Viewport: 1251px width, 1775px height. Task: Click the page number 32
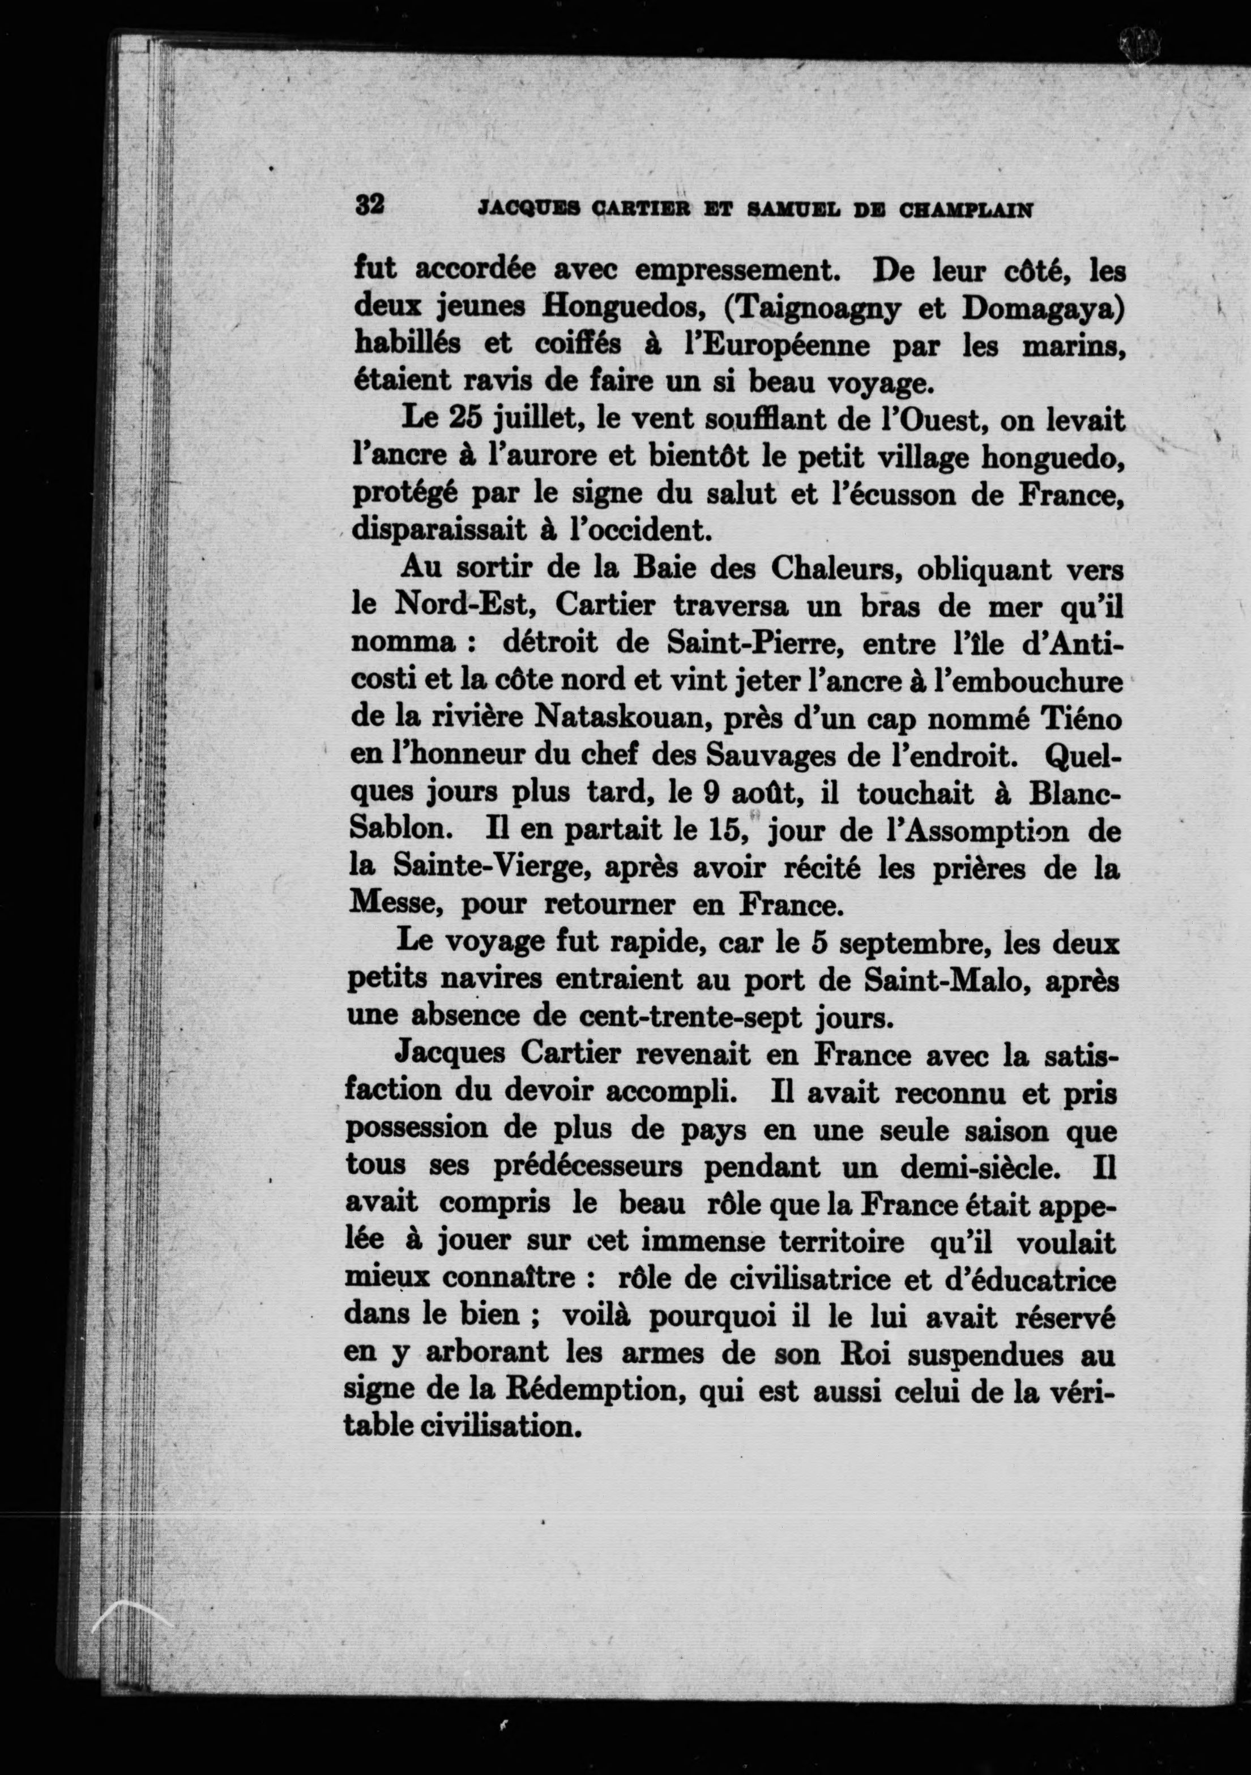point(370,206)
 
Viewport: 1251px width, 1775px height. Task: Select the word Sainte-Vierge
point(493,866)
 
